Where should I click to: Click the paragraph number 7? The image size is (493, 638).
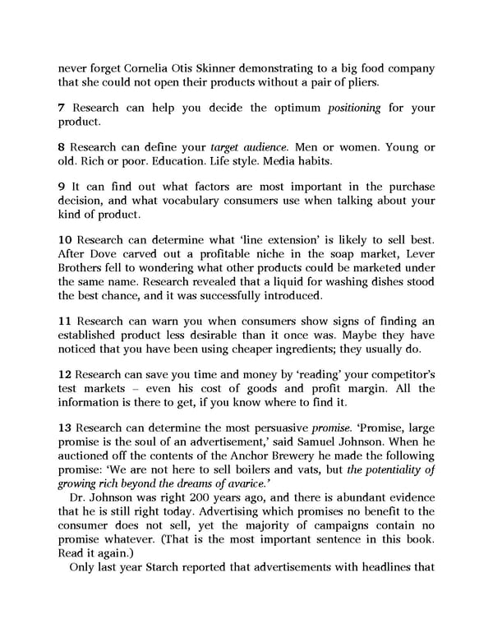pos(61,109)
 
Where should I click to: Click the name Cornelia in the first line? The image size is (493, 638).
pos(148,67)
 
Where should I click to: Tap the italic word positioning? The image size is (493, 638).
pos(357,109)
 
